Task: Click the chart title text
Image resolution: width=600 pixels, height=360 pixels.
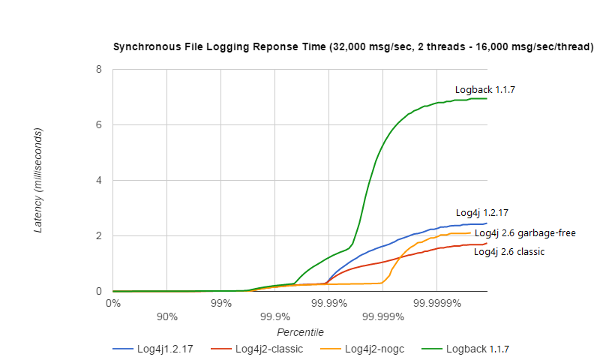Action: pyautogui.click(x=353, y=46)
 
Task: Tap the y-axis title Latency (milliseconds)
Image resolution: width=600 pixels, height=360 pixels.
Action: pyautogui.click(x=38, y=180)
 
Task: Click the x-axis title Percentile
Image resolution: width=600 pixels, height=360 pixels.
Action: pyautogui.click(x=300, y=331)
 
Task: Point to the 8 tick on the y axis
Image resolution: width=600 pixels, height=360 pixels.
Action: pyautogui.click(x=99, y=70)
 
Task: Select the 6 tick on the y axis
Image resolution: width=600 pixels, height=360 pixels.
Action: pyautogui.click(x=99, y=125)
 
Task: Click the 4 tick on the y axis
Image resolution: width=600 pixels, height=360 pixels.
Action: pyautogui.click(x=99, y=181)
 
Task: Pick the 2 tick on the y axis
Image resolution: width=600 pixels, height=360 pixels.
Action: pyautogui.click(x=99, y=236)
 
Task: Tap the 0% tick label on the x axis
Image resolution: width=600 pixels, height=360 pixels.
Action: pyautogui.click(x=112, y=304)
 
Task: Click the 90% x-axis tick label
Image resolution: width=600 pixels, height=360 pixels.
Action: pyautogui.click(x=166, y=316)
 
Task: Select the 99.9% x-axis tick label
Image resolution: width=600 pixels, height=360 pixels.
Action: pyautogui.click(x=274, y=316)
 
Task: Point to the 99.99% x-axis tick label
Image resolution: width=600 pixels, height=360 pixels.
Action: pyautogui.click(x=328, y=304)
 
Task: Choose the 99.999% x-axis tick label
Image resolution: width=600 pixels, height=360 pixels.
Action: pyautogui.click(x=382, y=316)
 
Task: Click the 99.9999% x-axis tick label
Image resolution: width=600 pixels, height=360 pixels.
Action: pyautogui.click(x=436, y=304)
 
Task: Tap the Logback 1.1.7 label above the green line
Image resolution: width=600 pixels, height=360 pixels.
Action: pyautogui.click(x=484, y=89)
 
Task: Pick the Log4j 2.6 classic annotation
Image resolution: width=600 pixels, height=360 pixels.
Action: pyautogui.click(x=508, y=252)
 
